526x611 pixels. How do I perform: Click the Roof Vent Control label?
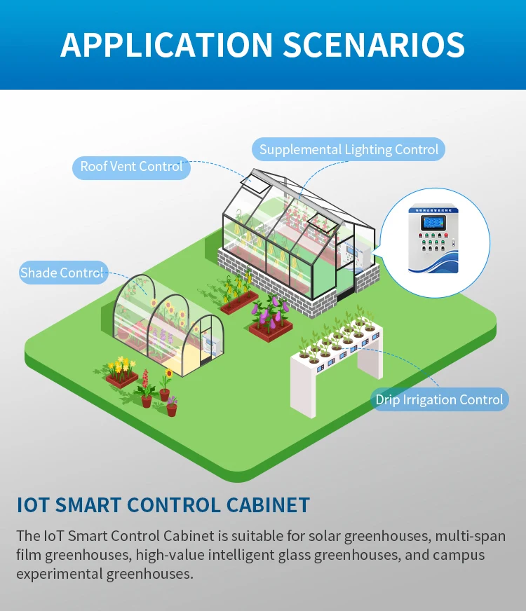(x=131, y=167)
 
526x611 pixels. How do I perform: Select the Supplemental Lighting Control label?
(x=349, y=149)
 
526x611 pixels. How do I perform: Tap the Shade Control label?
(x=62, y=273)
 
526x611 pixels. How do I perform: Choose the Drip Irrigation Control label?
(x=439, y=399)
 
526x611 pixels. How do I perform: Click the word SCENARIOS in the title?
(x=374, y=44)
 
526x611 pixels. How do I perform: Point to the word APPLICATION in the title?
(x=166, y=44)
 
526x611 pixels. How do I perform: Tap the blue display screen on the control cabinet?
(x=432, y=222)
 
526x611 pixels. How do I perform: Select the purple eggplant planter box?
(x=269, y=320)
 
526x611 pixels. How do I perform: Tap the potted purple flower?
(x=172, y=406)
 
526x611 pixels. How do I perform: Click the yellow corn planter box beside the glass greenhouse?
(x=238, y=294)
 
